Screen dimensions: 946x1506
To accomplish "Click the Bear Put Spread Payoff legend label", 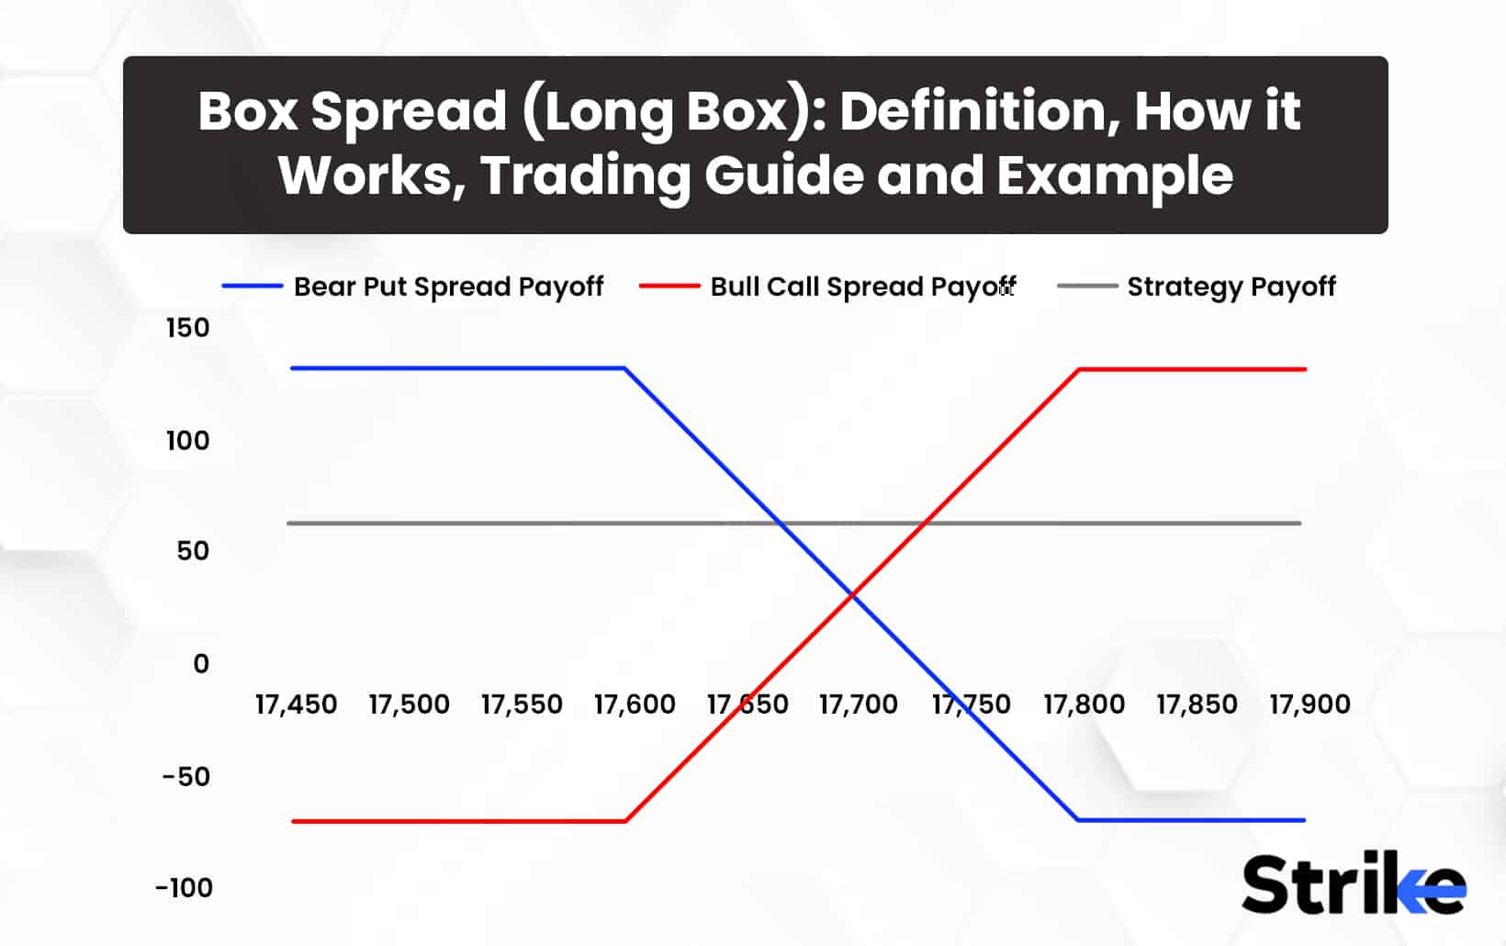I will coord(448,287).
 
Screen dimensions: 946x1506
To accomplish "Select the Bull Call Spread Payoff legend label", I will coord(862,287).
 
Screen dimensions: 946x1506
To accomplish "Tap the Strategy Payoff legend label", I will coord(1231,287).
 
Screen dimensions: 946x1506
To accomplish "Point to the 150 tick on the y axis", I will coord(187,328).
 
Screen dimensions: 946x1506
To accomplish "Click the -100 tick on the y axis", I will coord(184,888).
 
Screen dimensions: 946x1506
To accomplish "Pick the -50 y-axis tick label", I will coord(186,777).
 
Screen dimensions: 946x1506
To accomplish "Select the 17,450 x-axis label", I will coord(296,704).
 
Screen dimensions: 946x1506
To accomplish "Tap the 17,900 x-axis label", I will coord(1309,704).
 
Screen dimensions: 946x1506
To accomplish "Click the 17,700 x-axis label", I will coord(859,704).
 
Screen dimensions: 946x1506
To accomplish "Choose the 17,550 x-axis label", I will coord(522,704).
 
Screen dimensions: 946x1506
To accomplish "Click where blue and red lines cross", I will coord(853,596).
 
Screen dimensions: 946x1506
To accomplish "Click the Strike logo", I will coord(1353,884).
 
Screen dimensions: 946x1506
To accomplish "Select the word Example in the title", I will coord(1115,175).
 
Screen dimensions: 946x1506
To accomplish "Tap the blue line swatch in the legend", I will coord(252,287).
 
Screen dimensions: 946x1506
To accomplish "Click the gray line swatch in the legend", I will coord(1086,287).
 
